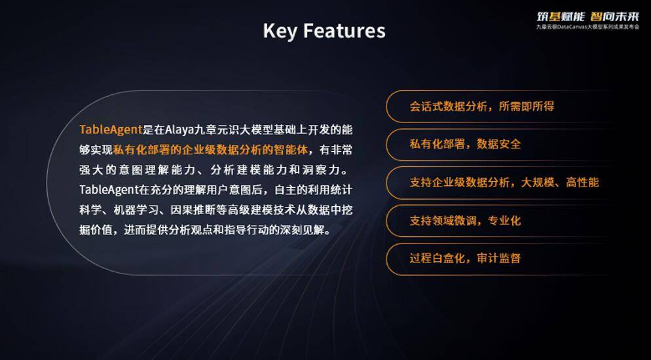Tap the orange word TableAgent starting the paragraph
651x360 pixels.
111,130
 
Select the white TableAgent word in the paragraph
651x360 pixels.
107,190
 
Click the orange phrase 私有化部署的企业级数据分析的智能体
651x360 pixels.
210,150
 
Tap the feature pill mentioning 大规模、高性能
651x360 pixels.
504,182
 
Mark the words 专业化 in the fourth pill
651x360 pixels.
504,221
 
